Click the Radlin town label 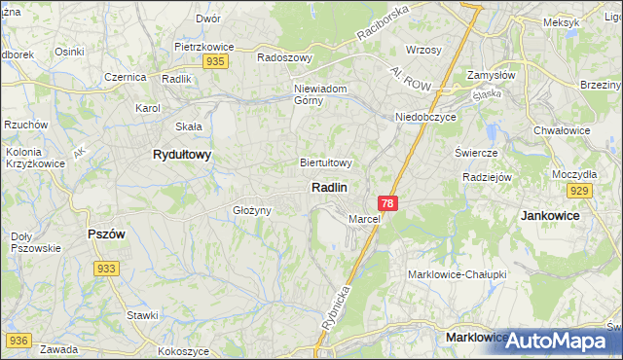329,187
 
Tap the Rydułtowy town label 182,155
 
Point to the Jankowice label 550,215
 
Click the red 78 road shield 388,203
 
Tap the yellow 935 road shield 216,61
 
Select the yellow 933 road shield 107,269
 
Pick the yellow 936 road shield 18,341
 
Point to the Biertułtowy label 325,163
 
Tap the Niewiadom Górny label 321,95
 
